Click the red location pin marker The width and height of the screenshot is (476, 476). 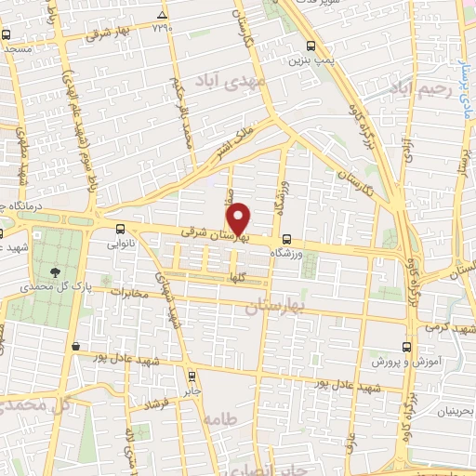click(239, 218)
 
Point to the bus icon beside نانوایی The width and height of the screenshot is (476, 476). click(119, 230)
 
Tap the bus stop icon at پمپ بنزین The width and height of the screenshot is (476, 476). click(311, 46)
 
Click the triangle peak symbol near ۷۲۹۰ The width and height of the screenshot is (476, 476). click(163, 16)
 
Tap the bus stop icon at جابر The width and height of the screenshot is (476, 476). click(192, 377)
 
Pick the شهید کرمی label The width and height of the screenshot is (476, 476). click(447, 330)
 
